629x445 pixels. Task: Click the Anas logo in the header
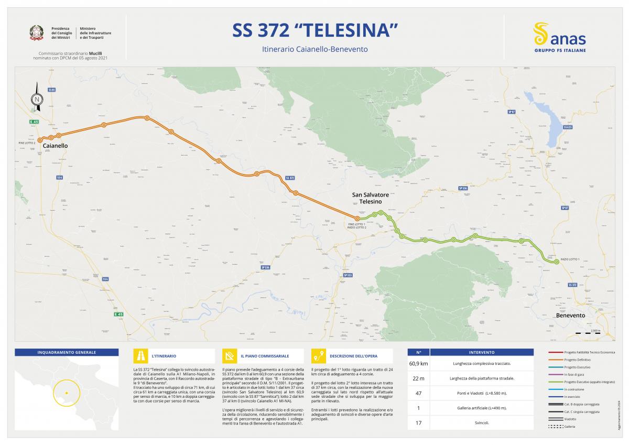pyautogui.click(x=559, y=37)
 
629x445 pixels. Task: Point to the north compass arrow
pyautogui.click(x=37, y=97)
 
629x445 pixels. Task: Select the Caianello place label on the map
pyautogui.click(x=55, y=145)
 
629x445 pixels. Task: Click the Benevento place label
pyautogui.click(x=570, y=316)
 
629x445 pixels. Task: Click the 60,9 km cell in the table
pyautogui.click(x=418, y=363)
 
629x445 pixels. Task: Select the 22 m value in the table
pyautogui.click(x=418, y=378)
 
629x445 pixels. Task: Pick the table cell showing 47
pyautogui.click(x=418, y=393)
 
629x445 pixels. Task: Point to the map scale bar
pyautogui.click(x=588, y=333)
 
